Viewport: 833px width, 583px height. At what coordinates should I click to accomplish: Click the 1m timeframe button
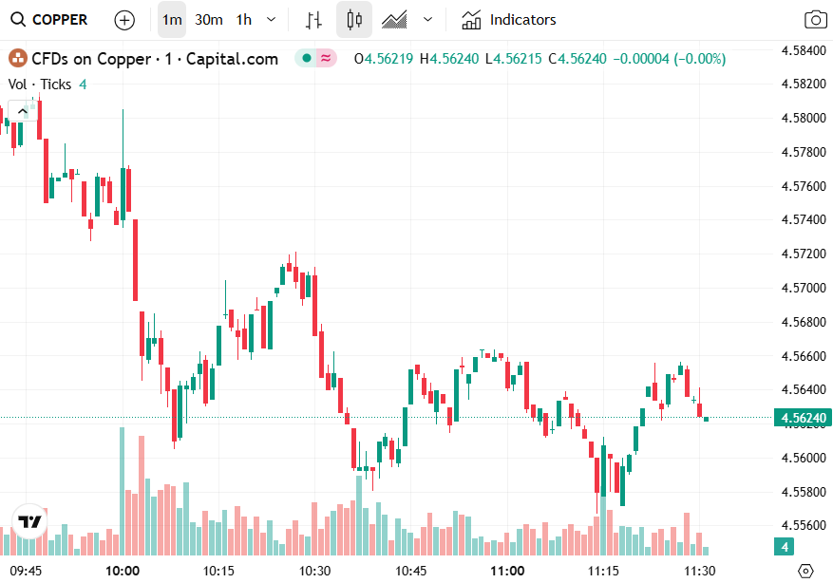[x=172, y=19]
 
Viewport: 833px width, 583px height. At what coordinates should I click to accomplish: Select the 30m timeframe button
[x=209, y=19]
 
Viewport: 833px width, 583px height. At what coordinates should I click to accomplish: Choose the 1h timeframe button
[x=244, y=19]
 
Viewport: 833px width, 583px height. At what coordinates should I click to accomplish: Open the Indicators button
[x=509, y=19]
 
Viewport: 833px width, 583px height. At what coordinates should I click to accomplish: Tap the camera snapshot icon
[x=814, y=19]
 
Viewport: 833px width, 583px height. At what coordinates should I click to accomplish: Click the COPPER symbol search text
[x=60, y=19]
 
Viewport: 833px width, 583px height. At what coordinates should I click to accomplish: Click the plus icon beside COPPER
[x=124, y=19]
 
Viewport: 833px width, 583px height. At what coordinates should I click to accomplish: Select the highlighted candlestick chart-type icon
[x=354, y=19]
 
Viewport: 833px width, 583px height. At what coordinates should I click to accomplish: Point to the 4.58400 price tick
[x=804, y=49]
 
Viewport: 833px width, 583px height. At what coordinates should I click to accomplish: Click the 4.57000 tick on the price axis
[x=804, y=288]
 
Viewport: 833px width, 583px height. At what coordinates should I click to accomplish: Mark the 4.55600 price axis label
[x=804, y=525]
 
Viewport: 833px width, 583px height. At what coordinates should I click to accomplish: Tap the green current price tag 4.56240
[x=803, y=418]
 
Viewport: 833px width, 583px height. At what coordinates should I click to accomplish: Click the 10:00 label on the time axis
[x=123, y=571]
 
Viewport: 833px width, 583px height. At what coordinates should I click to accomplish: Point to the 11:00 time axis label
[x=507, y=571]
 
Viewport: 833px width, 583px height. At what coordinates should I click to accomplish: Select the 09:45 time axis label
[x=28, y=571]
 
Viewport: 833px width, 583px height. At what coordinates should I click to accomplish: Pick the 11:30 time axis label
[x=700, y=571]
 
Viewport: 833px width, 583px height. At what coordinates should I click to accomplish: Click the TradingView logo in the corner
[x=29, y=522]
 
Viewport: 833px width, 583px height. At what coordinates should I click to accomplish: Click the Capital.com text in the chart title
[x=233, y=59]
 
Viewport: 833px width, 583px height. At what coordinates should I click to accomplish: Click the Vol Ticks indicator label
[x=40, y=84]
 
